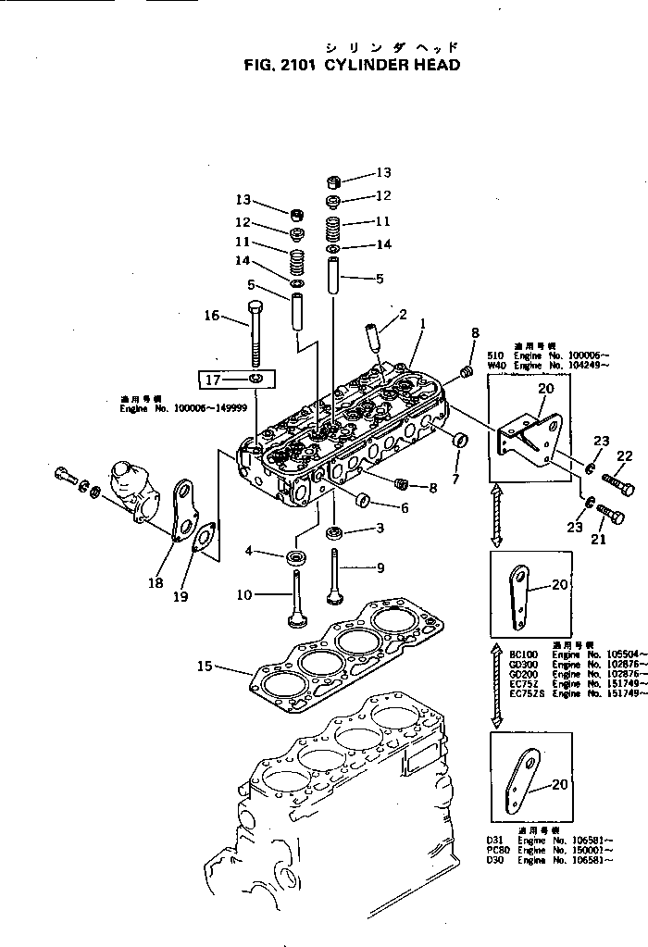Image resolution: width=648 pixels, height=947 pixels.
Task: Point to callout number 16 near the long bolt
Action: point(212,316)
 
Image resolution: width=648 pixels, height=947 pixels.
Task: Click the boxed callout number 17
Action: point(212,379)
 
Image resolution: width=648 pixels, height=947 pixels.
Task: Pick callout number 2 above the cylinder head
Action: point(403,316)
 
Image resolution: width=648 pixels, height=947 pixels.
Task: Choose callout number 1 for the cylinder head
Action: point(422,325)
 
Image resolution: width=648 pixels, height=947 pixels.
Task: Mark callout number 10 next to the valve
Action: point(243,594)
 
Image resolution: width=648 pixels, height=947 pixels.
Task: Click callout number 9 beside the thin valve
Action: point(380,567)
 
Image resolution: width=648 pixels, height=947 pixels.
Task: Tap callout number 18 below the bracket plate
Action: point(154,582)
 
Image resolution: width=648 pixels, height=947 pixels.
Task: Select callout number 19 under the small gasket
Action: point(181,597)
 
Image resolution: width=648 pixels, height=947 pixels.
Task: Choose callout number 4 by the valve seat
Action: point(248,552)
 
